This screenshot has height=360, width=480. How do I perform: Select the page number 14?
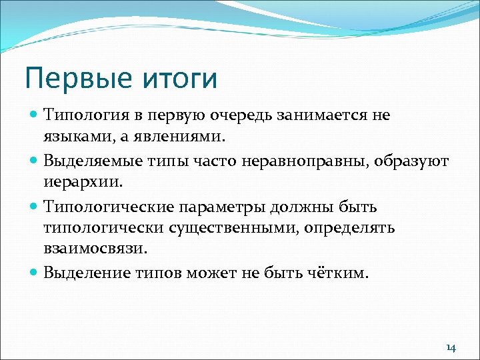click(451, 348)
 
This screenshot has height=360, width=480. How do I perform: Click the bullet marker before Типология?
click(35, 115)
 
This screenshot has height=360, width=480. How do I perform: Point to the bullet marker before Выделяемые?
click(35, 161)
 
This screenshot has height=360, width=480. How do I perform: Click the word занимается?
click(321, 115)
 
